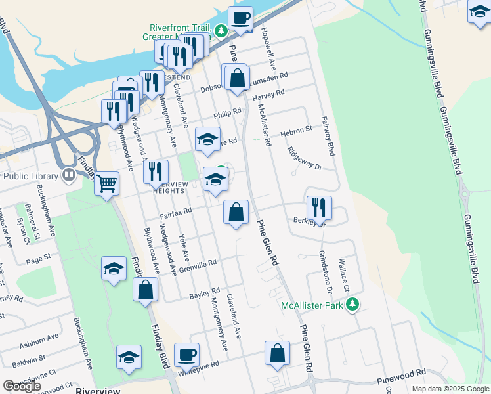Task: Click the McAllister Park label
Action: (312, 305)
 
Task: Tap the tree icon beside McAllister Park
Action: (353, 304)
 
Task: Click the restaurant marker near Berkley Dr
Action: (319, 208)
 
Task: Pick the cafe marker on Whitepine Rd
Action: (186, 355)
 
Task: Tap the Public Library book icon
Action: (68, 175)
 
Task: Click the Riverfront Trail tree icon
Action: (222, 30)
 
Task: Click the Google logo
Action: (22, 386)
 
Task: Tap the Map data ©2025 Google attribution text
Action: (451, 389)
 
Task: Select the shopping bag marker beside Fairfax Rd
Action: (236, 212)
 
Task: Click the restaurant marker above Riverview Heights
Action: (156, 172)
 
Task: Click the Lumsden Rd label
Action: (274, 76)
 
